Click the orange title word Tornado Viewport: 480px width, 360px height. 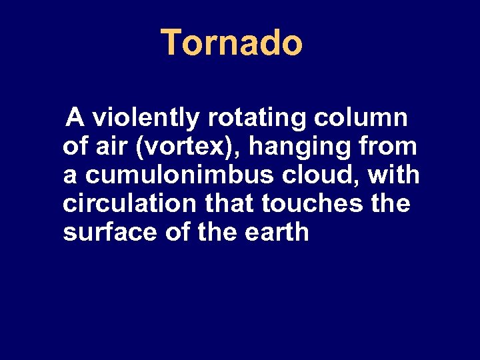pyautogui.click(x=232, y=43)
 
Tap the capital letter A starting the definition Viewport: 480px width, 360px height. pyautogui.click(x=75, y=118)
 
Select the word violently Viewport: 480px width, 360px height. pyautogui.click(x=146, y=119)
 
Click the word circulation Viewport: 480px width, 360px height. pyautogui.click(x=124, y=204)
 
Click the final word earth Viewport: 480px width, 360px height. pyautogui.click(x=281, y=233)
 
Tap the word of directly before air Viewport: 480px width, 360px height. pyautogui.click(x=75, y=147)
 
